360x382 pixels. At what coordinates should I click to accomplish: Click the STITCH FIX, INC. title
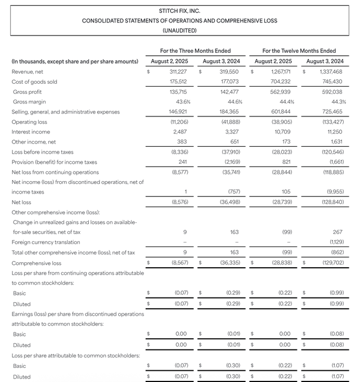[179, 11]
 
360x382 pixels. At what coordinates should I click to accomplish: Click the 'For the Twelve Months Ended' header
[299, 51]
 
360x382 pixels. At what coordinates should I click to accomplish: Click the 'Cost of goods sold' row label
[34, 82]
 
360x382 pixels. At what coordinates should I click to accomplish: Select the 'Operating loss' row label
[29, 122]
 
